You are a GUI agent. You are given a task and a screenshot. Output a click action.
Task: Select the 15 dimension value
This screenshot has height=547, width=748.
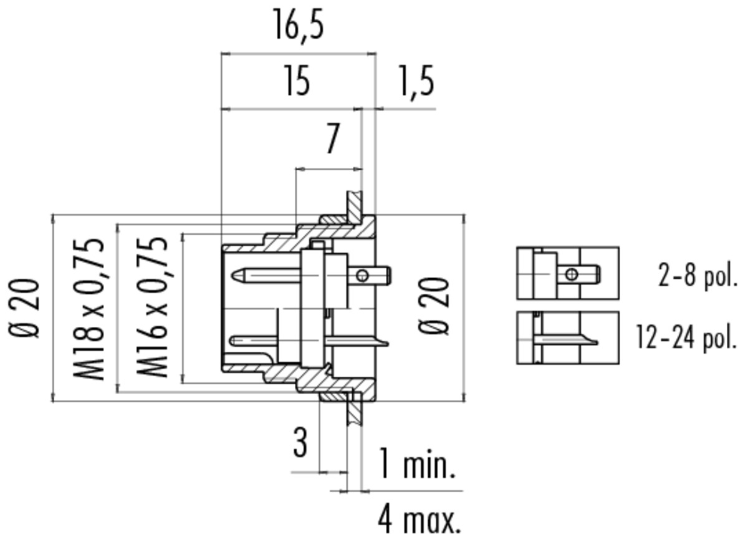[298, 80]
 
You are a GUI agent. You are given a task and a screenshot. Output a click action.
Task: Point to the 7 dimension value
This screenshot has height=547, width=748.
[332, 138]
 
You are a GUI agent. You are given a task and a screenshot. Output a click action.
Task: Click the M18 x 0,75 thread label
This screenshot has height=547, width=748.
[89, 309]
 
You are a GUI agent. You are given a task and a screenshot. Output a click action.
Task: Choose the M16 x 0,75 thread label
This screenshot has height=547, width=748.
[151, 307]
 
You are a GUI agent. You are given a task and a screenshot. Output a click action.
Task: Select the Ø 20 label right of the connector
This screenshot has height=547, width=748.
[433, 306]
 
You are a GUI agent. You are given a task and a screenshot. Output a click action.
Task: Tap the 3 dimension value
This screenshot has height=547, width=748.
[300, 442]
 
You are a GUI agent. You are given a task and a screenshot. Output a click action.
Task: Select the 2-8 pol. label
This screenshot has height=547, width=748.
[698, 275]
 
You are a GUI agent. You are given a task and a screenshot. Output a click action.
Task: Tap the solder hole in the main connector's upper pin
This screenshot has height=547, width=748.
[362, 276]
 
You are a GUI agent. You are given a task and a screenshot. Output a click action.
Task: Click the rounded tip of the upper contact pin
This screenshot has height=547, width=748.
[235, 276]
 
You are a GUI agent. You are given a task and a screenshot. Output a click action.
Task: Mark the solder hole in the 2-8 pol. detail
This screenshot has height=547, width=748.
[572, 274]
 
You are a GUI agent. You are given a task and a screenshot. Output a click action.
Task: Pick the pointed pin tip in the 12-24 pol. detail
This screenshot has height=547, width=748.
[595, 342]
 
